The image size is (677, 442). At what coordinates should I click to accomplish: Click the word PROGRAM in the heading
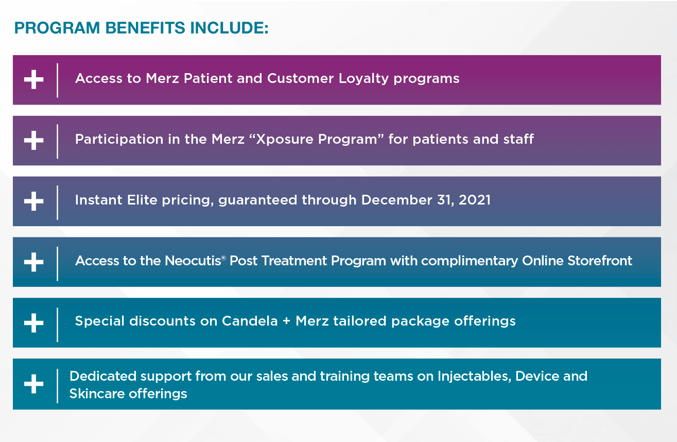tap(57, 28)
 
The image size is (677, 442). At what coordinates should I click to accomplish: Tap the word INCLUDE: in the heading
tap(229, 28)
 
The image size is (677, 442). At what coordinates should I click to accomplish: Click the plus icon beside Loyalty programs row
tap(34, 79)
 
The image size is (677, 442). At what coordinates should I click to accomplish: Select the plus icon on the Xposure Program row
tap(34, 140)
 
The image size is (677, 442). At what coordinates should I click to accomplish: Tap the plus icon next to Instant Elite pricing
tap(34, 201)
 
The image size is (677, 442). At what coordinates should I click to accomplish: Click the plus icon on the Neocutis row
tap(34, 262)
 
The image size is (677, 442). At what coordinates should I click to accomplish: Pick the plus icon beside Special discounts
tap(34, 322)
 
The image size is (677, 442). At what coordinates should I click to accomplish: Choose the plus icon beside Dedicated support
tap(34, 384)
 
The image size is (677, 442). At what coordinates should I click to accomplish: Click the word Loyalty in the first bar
tap(363, 79)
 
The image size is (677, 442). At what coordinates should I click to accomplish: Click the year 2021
tap(475, 200)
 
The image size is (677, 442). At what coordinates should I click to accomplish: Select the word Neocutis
tap(193, 261)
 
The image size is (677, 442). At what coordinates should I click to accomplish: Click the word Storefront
tap(600, 261)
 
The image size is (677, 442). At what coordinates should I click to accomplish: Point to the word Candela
tap(250, 321)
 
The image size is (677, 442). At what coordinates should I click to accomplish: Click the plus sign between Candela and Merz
tap(287, 321)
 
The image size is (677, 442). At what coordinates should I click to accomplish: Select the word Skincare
tap(97, 394)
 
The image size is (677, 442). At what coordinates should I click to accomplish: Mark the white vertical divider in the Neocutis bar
tap(58, 264)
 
